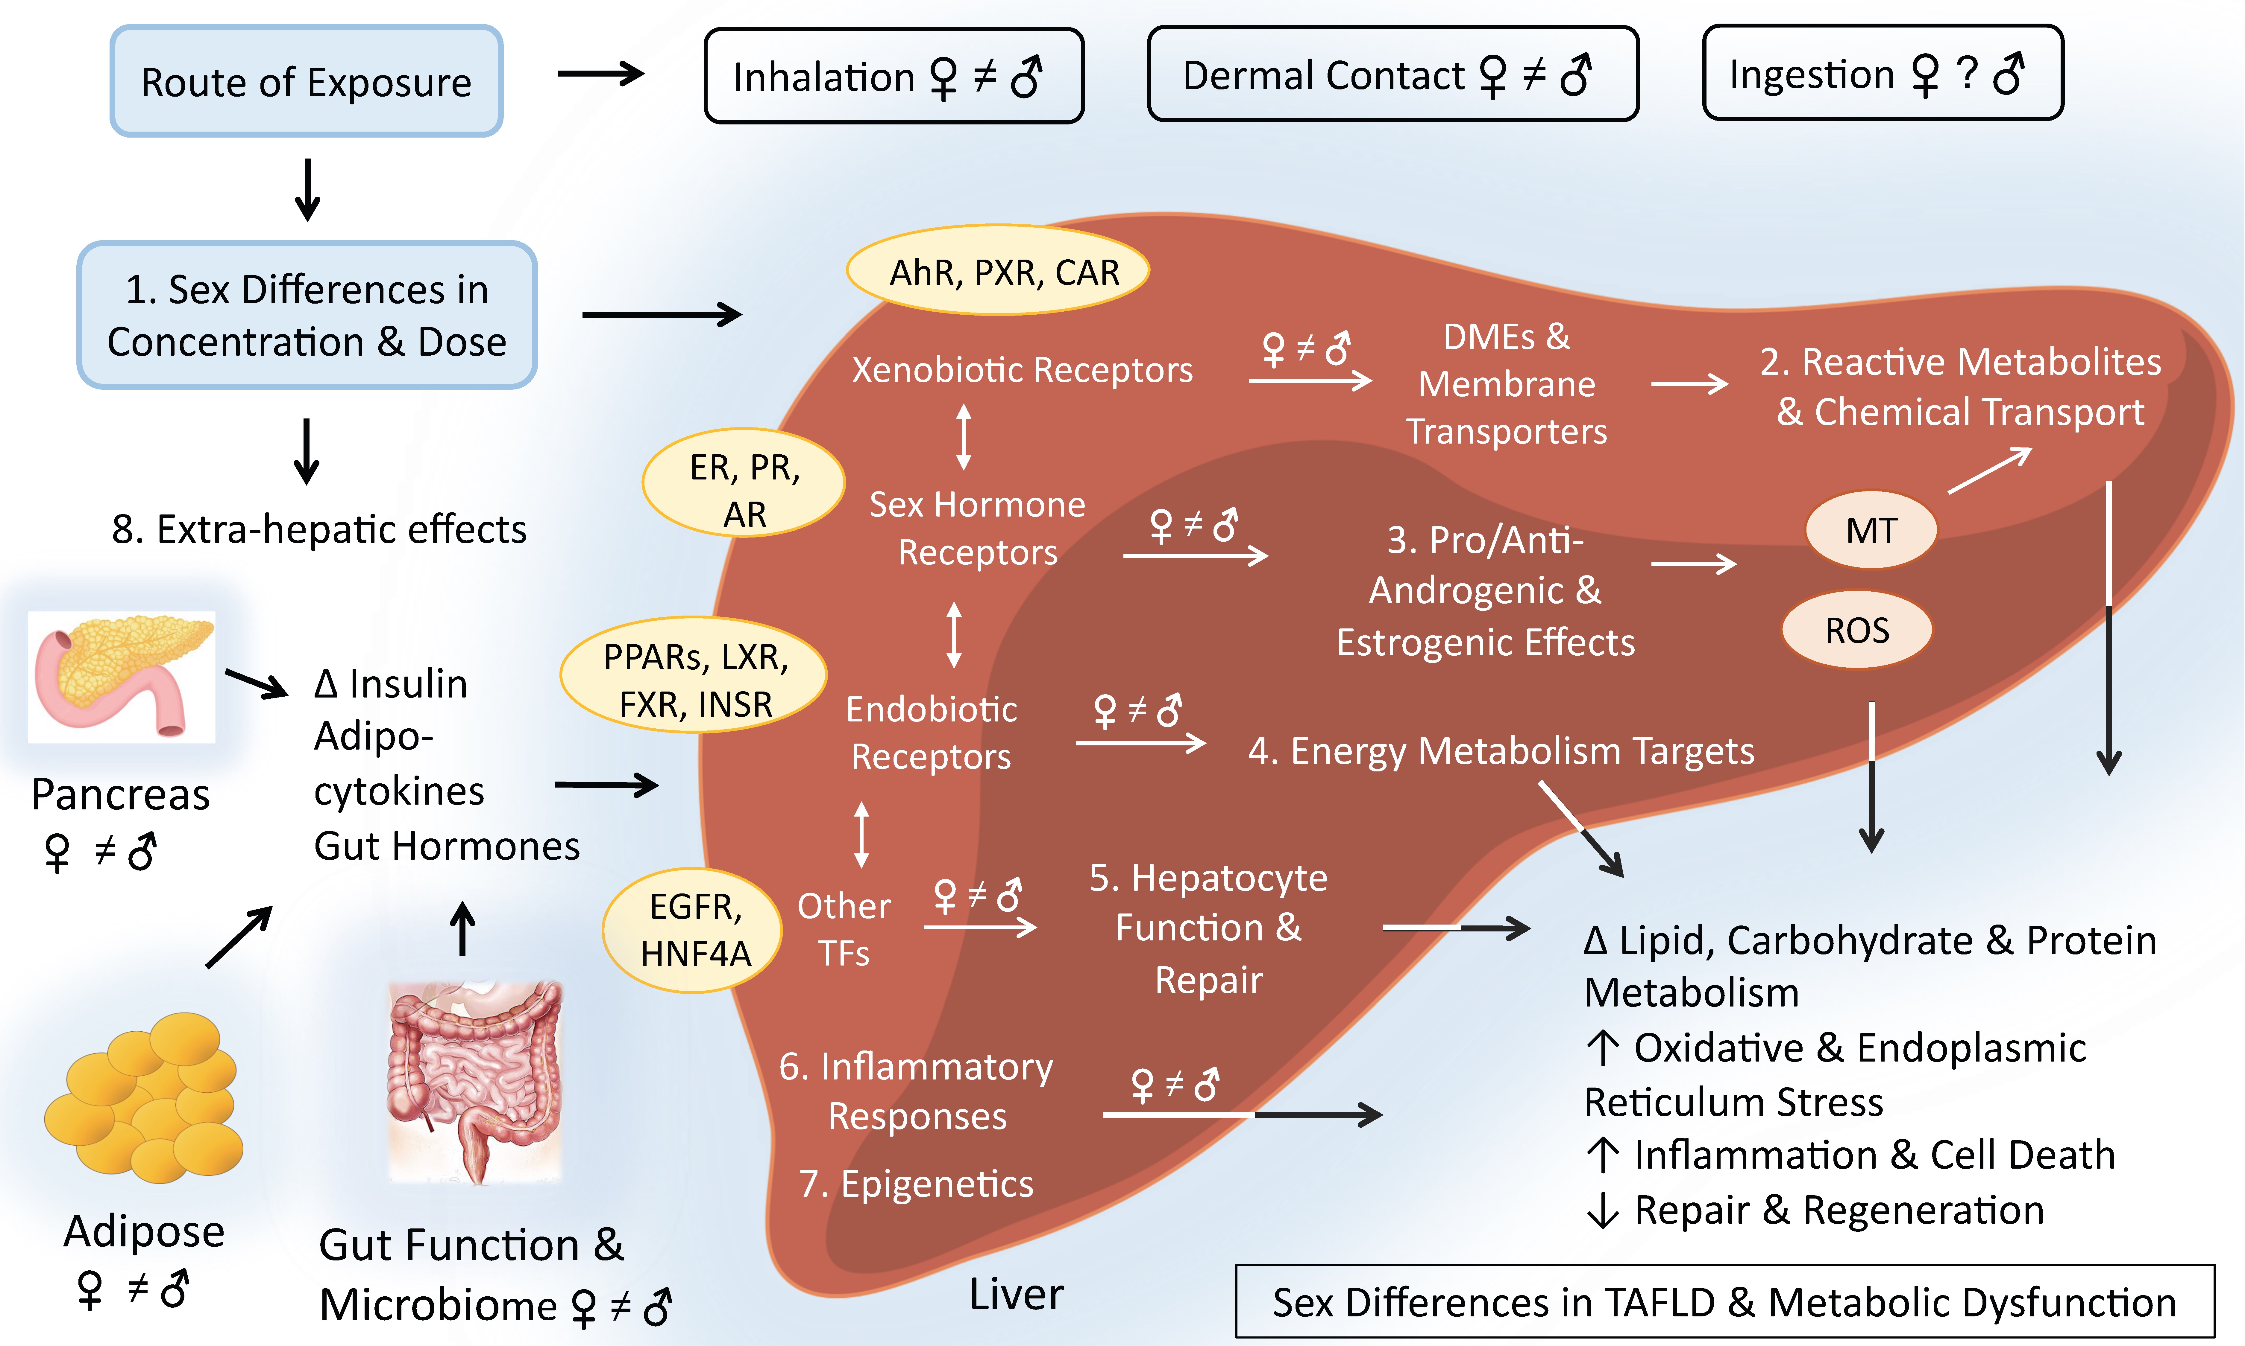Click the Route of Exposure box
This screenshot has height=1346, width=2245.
[307, 82]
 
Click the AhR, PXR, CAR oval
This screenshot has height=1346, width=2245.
[998, 270]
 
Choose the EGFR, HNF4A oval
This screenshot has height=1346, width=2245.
[694, 930]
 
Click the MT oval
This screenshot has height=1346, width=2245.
[1871, 530]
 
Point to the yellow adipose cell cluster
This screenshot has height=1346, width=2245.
[145, 1097]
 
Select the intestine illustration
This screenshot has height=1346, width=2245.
[474, 1079]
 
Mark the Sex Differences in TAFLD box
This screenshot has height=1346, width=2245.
[1724, 1301]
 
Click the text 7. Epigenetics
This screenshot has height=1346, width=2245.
[917, 1184]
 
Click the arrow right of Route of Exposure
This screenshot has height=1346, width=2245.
[601, 74]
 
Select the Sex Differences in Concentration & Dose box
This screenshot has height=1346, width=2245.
[307, 315]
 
